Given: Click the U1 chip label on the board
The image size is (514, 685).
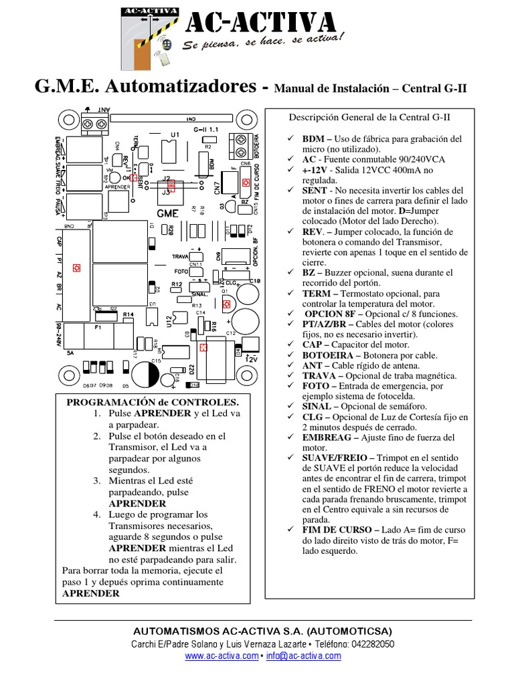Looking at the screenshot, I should click(x=174, y=135).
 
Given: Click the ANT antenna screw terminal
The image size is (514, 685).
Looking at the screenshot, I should click(x=94, y=124).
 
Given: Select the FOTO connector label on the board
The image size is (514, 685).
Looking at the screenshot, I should click(x=180, y=272).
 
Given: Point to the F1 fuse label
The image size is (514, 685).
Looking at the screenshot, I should click(x=98, y=328).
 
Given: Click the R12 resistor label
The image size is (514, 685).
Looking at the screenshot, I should click(x=176, y=285).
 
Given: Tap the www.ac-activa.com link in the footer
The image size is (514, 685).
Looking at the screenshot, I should click(x=222, y=656).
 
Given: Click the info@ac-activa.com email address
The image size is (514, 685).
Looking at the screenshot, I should click(x=303, y=656).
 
